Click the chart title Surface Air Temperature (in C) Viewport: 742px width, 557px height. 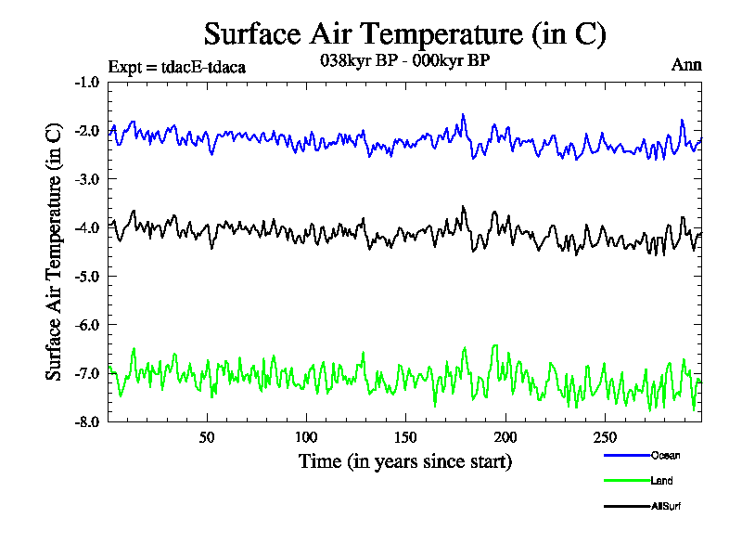tap(404, 34)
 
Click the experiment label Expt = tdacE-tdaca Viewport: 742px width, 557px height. tap(176, 67)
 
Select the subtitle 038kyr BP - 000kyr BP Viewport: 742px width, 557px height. tap(403, 59)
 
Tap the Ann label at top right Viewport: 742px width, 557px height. tap(686, 65)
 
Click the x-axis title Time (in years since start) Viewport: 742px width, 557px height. tap(405, 461)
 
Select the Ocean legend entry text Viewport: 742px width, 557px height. tap(665, 455)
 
